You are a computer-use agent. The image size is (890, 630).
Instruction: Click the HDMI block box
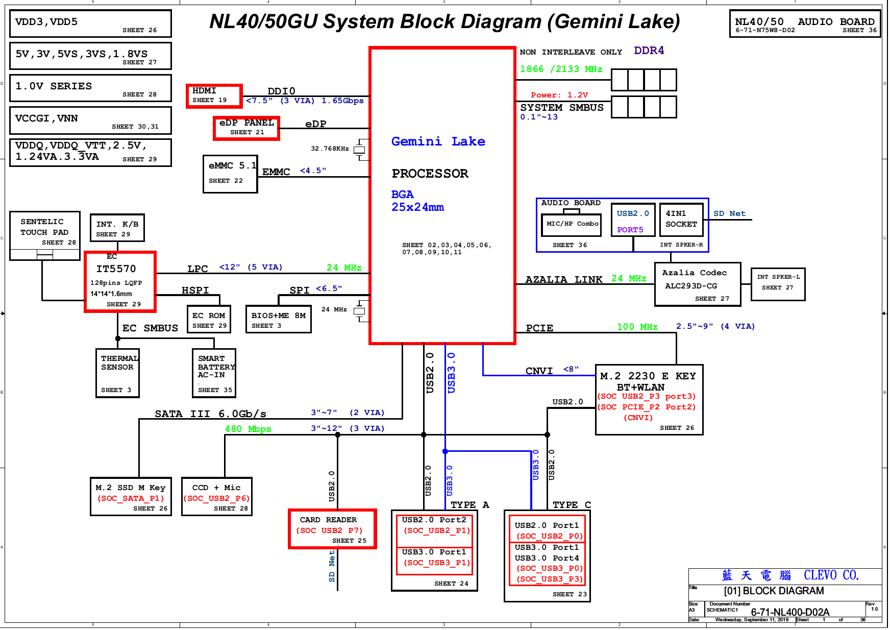pyautogui.click(x=214, y=95)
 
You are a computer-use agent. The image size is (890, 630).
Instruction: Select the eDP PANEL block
pyautogui.click(x=246, y=128)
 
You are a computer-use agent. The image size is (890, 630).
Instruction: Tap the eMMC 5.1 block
pyautogui.click(x=230, y=174)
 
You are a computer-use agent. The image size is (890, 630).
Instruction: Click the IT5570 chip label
pyautogui.click(x=116, y=269)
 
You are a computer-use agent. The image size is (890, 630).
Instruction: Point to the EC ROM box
pyautogui.click(x=209, y=320)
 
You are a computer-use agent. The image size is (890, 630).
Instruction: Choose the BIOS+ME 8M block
pyautogui.click(x=278, y=320)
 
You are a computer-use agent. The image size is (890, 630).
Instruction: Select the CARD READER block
pyautogui.click(x=332, y=529)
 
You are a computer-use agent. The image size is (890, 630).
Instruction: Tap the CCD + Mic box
pyautogui.click(x=217, y=497)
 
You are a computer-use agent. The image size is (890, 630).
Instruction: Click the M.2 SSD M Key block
pyautogui.click(x=131, y=497)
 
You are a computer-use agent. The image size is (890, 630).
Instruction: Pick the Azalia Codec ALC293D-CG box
pyautogui.click(x=698, y=284)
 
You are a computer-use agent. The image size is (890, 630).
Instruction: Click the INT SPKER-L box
pyautogui.click(x=778, y=284)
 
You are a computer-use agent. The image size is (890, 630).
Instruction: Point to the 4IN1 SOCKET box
pyautogui.click(x=681, y=220)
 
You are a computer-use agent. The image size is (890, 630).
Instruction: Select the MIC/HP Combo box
pyautogui.click(x=572, y=224)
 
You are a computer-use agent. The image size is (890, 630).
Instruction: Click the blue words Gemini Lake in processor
pyautogui.click(x=438, y=141)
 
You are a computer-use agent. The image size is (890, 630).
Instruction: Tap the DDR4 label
pyautogui.click(x=649, y=51)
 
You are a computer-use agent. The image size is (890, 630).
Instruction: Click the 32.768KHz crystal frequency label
pyautogui.click(x=330, y=149)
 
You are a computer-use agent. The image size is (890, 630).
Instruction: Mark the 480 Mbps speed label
pyautogui.click(x=248, y=429)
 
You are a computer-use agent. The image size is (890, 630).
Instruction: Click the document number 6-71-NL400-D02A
pyautogui.click(x=790, y=612)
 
